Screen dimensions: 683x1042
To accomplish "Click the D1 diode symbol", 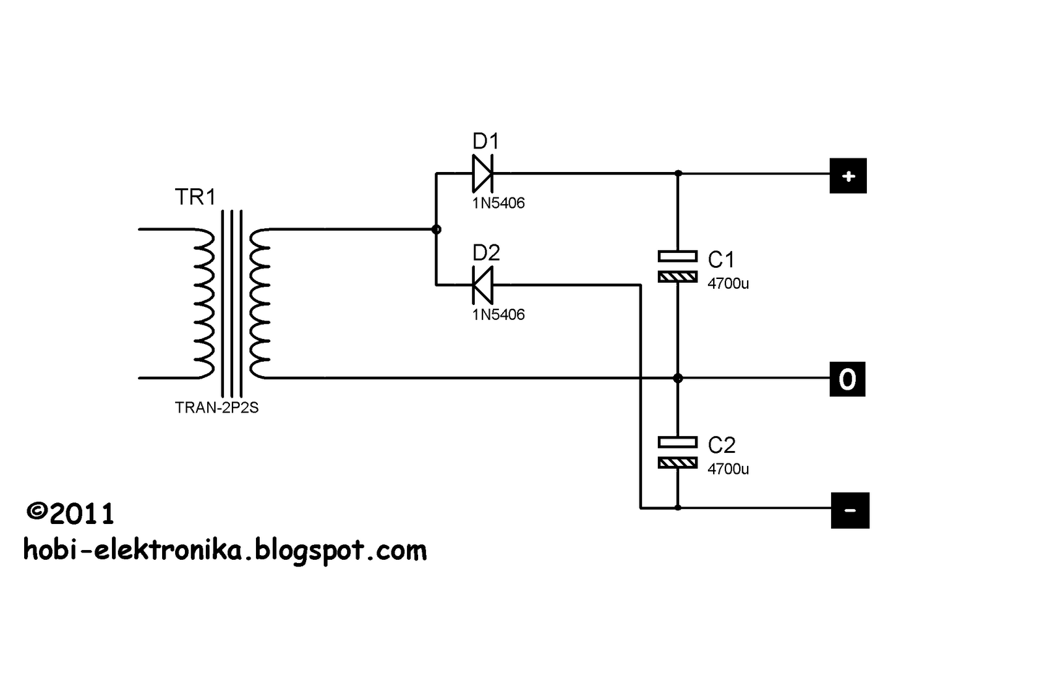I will pos(483,173).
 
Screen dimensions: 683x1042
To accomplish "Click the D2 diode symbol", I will pos(483,285).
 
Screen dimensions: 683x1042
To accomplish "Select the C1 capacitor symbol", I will pos(677,267).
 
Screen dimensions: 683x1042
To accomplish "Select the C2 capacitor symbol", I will pos(677,452).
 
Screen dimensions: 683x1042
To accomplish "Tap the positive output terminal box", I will pos(848,176).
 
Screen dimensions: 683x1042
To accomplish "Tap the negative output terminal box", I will pos(850,510).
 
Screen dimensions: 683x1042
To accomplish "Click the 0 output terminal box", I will pos(847,379).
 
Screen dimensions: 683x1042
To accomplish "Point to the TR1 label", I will pos(195,197).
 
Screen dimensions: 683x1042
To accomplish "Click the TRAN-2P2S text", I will pos(217,408).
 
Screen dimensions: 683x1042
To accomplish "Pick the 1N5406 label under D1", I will pos(498,203).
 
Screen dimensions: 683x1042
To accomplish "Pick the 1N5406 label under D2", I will pos(498,315).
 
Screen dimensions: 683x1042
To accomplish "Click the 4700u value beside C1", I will pos(728,283).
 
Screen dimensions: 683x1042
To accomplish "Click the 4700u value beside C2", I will pos(728,469).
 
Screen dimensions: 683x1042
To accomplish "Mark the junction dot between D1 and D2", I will pos(436,229).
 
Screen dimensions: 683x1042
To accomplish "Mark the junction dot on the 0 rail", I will pos(677,378).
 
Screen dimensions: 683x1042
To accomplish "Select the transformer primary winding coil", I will pos(203,304).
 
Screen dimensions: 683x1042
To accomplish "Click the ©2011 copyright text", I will pos(70,514).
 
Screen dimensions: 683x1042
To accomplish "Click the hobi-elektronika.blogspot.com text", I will pos(225,551).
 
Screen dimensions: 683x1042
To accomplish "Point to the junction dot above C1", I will pos(677,173).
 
